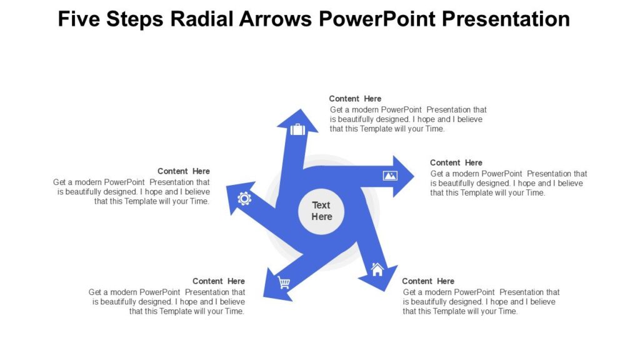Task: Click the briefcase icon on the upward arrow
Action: [297, 129]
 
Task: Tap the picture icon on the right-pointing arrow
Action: [390, 176]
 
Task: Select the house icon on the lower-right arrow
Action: [377, 270]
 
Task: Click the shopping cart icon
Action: [284, 283]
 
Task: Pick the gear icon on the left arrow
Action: [244, 199]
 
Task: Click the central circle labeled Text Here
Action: [321, 211]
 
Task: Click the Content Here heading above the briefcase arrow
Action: [355, 99]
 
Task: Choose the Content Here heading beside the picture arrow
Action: [456, 162]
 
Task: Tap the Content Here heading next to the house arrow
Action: [428, 281]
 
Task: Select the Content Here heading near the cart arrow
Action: [219, 281]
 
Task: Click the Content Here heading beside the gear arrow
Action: [184, 171]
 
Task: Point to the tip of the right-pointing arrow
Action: [412, 176]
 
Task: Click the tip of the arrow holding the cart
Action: [265, 296]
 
